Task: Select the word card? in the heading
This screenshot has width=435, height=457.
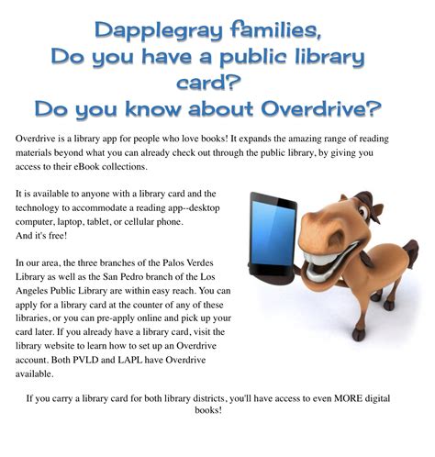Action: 217,84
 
